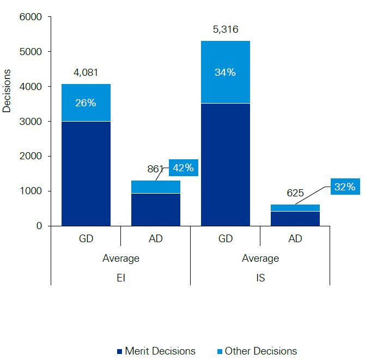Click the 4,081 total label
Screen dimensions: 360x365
pyautogui.click(x=86, y=72)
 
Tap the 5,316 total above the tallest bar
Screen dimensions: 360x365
pyautogui.click(x=225, y=29)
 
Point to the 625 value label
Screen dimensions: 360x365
pyautogui.click(x=295, y=193)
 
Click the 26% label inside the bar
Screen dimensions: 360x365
pyautogui.click(x=86, y=103)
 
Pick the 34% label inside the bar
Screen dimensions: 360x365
pyautogui.click(x=225, y=72)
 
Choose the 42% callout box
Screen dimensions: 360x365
pyautogui.click(x=183, y=167)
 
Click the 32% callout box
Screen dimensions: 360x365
pyautogui.click(x=344, y=187)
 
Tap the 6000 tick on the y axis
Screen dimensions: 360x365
pyautogui.click(x=31, y=17)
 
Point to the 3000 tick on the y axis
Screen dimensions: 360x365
pyautogui.click(x=31, y=122)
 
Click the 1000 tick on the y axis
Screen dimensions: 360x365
pyautogui.click(x=31, y=191)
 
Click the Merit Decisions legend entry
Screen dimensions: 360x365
pyautogui.click(x=155, y=351)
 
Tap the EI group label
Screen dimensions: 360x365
pyautogui.click(x=120, y=278)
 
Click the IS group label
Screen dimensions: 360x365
pyautogui.click(x=260, y=278)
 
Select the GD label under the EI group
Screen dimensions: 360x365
pyautogui.click(x=86, y=238)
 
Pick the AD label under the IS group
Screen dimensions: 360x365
pyautogui.click(x=295, y=238)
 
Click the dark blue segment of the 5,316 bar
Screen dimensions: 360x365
pyautogui.click(x=225, y=164)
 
